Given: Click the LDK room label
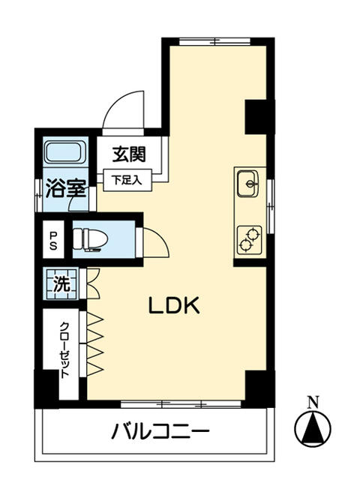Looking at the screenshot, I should [172, 306].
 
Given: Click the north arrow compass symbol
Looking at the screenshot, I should [315, 428].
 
